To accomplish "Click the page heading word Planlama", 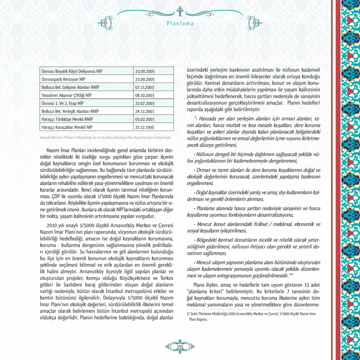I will click(x=180, y=24).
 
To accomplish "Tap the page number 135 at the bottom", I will click(x=180, y=346).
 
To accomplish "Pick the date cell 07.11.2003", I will click(x=145, y=87).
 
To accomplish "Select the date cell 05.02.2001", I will click(x=145, y=119).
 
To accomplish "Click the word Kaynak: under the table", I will click(x=45, y=137).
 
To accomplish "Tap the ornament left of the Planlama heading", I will click(x=105, y=23).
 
